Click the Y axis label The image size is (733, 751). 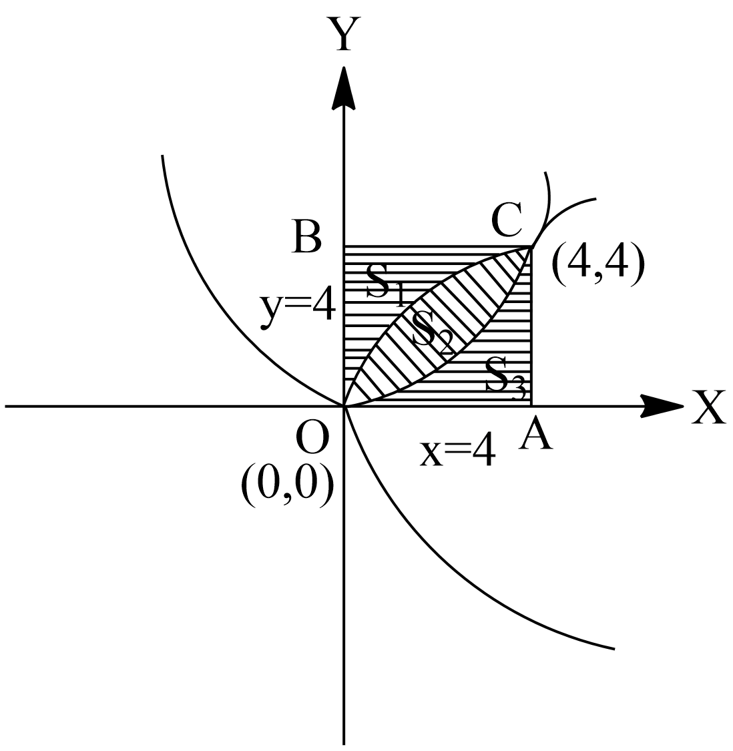click(x=343, y=35)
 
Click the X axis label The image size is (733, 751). click(x=709, y=408)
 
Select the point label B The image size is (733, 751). click(x=307, y=237)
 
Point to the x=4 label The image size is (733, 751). click(x=458, y=453)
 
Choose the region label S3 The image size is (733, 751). click(x=504, y=378)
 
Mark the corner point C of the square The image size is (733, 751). click(x=531, y=247)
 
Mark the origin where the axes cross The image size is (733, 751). click(x=344, y=405)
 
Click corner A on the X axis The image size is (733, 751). click(x=531, y=405)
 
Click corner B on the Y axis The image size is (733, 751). click(x=344, y=247)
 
